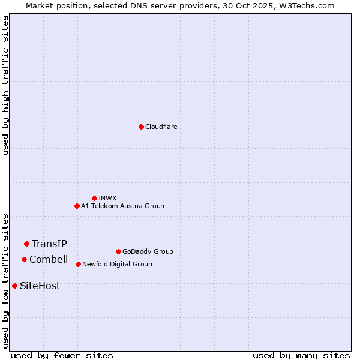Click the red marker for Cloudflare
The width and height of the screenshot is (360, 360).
141,127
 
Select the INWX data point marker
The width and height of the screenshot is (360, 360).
94,198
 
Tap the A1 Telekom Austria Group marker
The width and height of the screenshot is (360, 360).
77,206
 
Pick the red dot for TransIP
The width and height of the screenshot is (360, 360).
26,244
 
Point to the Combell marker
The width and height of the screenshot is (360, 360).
24,259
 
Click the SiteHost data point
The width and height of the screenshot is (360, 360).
14,286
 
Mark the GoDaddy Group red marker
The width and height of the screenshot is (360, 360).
118,251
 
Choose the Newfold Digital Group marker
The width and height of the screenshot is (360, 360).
78,264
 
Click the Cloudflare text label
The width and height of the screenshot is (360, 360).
161,127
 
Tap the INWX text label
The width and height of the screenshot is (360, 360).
107,198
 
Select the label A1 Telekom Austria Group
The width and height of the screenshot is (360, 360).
122,206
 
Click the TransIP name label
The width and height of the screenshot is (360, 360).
49,244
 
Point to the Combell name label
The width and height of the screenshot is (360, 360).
49,259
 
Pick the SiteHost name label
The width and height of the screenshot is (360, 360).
40,286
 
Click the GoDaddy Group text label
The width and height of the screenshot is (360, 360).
148,251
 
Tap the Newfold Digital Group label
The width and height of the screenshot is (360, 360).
117,264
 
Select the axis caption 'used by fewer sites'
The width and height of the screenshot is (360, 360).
62,355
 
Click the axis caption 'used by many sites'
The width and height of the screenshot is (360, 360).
301,355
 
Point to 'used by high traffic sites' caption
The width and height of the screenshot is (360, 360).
5,85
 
